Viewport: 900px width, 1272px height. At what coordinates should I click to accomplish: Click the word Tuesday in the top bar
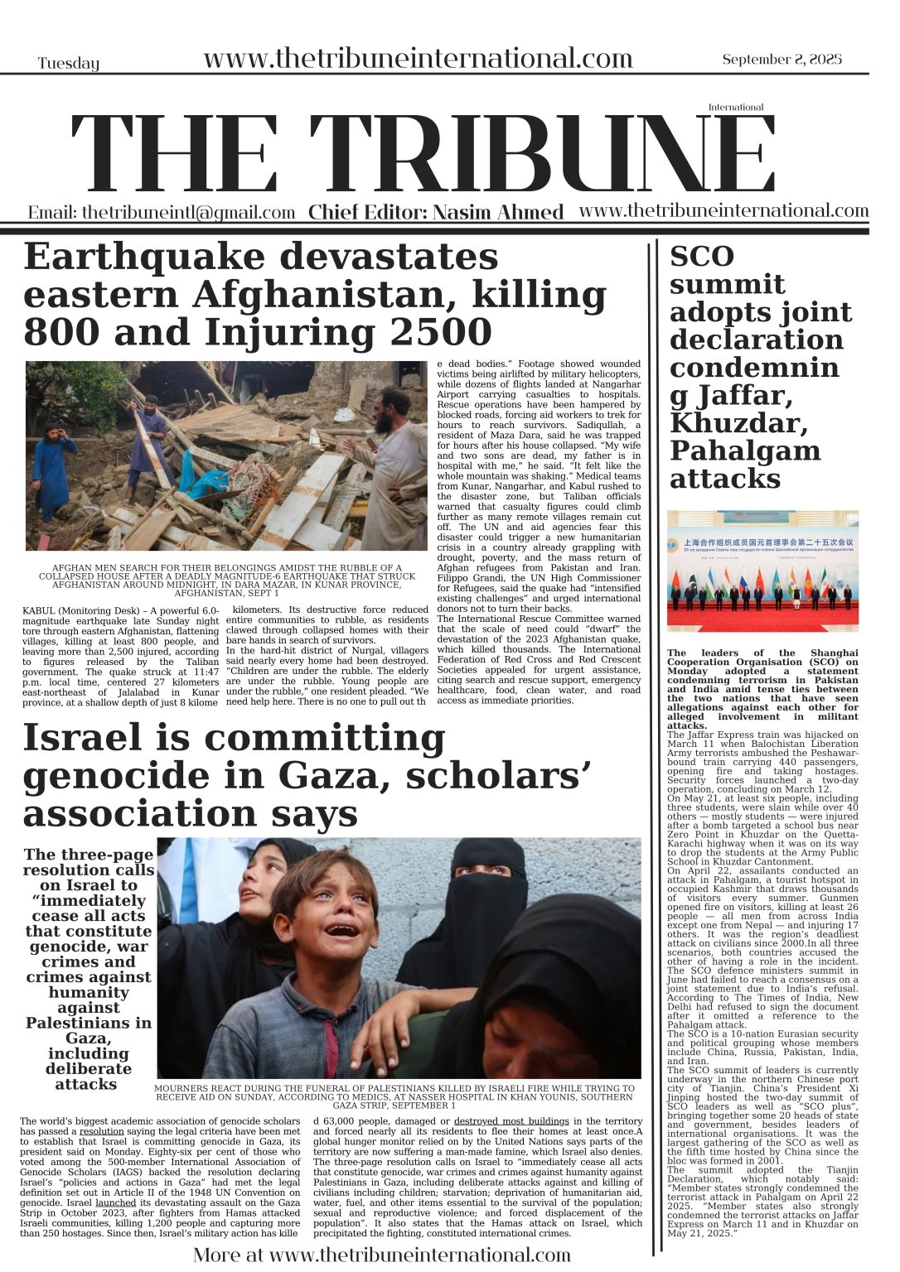68,64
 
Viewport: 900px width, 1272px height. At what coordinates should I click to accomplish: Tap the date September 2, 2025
781,59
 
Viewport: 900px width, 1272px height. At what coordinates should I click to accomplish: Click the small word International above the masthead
735,107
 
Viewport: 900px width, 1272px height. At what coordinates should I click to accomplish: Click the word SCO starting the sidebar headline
702,257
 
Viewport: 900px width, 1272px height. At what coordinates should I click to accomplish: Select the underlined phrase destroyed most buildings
511,1121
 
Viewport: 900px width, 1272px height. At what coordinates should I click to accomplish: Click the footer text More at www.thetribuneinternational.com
382,1255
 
